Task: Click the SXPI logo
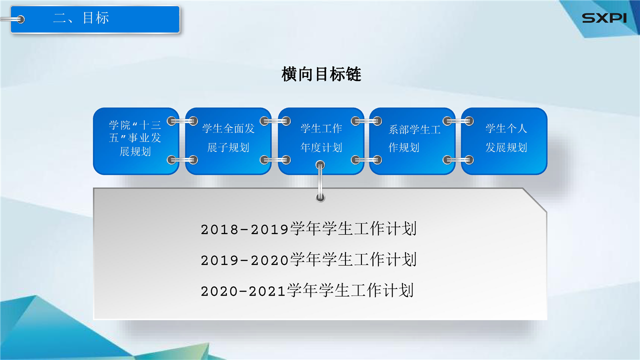604,18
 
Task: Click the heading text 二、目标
81,17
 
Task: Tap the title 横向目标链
321,74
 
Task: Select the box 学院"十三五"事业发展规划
136,141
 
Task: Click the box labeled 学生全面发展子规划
228,141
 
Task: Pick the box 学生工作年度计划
321,141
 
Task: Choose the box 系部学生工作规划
412,141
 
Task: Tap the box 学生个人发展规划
504,141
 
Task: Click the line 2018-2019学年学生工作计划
308,229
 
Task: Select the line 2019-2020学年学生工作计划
308,259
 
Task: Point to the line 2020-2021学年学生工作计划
307,290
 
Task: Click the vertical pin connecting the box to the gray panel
320,181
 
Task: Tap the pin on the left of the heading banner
12,19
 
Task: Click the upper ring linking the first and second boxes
182,121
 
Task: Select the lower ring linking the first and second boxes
182,159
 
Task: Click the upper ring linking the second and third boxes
275,121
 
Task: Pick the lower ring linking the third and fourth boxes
366,159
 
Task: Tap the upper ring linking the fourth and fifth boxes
458,121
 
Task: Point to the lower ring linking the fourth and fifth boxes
458,159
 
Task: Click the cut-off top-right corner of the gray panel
535,200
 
